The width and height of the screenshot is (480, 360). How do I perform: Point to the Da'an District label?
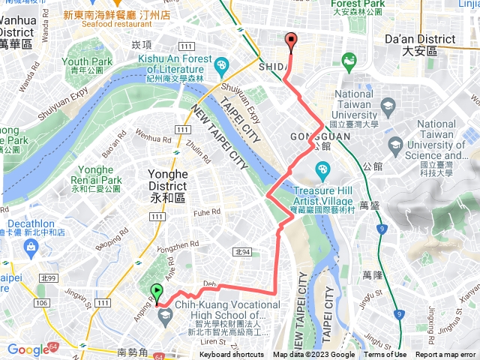(419, 44)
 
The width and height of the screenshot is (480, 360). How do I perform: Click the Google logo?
(28, 349)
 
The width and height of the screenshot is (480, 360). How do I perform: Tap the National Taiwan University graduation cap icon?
(387, 107)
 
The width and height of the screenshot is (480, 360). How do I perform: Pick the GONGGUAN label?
(312, 137)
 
